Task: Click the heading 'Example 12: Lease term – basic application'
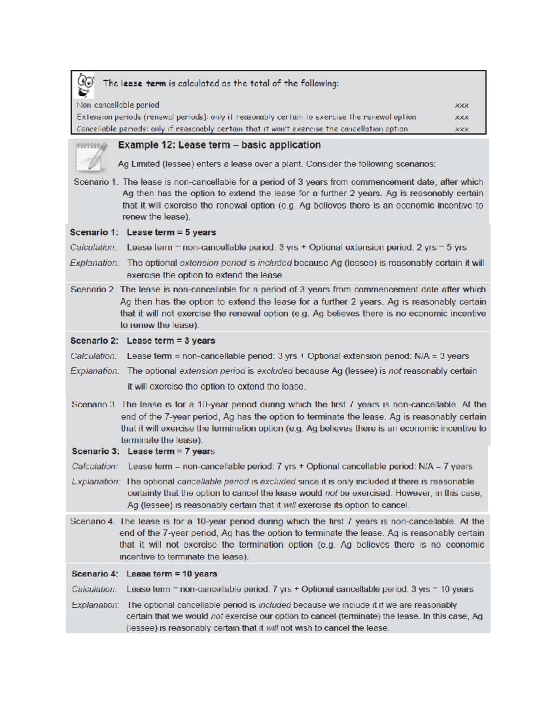click(219, 145)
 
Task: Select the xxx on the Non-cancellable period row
click(462, 106)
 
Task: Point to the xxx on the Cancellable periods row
click(462, 129)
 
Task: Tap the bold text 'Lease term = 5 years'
click(171, 232)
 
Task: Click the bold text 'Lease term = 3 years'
click(171, 341)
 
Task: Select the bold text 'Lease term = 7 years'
click(171, 451)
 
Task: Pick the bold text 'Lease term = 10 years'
click(172, 574)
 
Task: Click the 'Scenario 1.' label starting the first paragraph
click(95, 182)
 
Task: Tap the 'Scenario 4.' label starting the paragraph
click(93, 521)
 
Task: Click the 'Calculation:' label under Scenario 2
click(94, 356)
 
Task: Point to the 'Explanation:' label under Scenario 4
click(95, 605)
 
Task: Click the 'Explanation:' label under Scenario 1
click(95, 263)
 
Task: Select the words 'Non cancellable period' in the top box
click(118, 106)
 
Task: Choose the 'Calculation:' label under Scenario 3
click(95, 467)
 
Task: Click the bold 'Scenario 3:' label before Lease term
click(96, 451)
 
